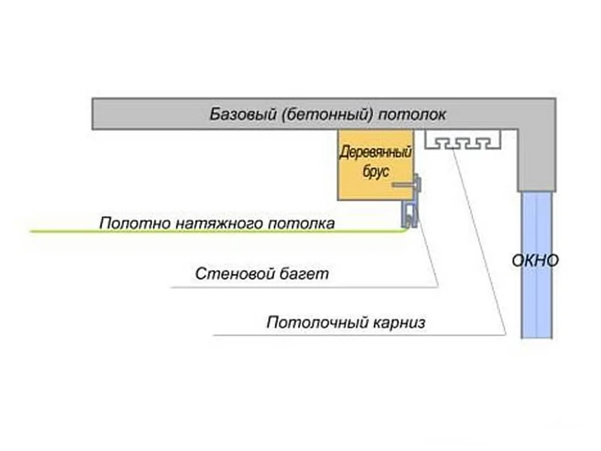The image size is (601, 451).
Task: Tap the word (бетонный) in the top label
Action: coord(327,115)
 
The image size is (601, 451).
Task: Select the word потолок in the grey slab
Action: coord(412,115)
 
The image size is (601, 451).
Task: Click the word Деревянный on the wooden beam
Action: coord(375,152)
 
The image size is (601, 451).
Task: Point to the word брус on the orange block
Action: coord(376,171)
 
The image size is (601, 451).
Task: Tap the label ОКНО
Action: coord(535,261)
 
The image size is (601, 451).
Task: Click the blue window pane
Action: coord(536,265)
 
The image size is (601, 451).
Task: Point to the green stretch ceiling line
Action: coord(218,231)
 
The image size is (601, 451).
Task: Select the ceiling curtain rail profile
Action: coord(463,140)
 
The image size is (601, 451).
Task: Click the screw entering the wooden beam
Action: coord(406,185)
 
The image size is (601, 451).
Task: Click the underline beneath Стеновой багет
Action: coord(305,287)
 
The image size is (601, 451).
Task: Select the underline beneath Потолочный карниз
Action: coord(360,335)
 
